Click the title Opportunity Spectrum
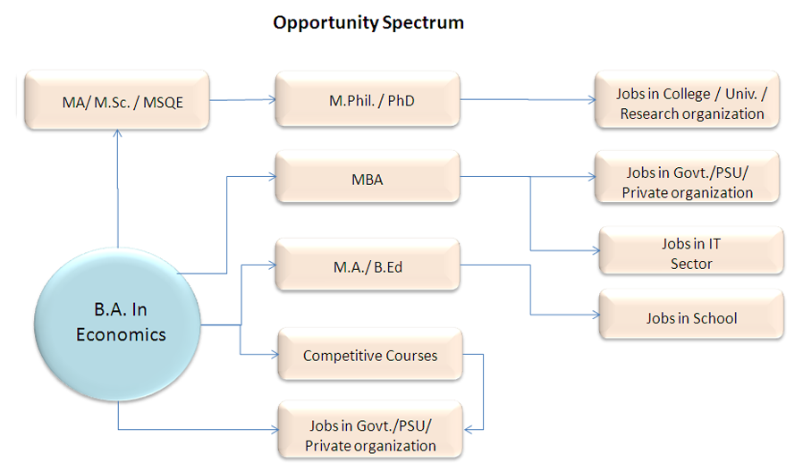368,22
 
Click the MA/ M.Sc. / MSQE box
116,101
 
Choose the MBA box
367,179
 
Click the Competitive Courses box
370,355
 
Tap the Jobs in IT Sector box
691,253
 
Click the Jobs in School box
691,317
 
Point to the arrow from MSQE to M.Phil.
242,100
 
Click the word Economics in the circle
121,335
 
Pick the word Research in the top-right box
649,114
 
